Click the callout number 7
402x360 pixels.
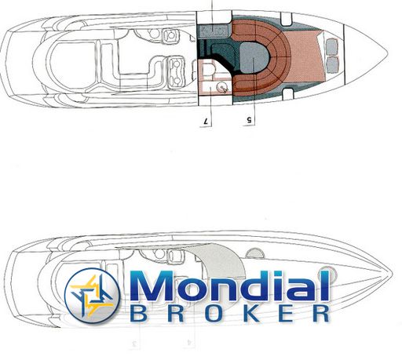tap(206, 122)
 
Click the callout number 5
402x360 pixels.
tap(249, 120)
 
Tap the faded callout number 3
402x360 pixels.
tap(135, 344)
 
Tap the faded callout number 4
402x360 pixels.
tap(190, 342)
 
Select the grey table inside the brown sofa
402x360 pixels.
tap(254, 58)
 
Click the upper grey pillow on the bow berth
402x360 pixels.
tap(332, 46)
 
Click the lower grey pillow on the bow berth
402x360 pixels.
tap(332, 64)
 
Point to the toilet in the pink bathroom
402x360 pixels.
tap(209, 71)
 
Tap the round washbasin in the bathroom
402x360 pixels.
tap(222, 86)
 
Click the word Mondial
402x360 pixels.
tap(230, 285)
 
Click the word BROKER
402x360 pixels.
tap(230, 313)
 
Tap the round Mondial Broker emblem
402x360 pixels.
tap(92, 296)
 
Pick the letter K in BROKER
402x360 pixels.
tap(249, 313)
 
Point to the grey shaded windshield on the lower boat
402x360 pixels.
tap(220, 261)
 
